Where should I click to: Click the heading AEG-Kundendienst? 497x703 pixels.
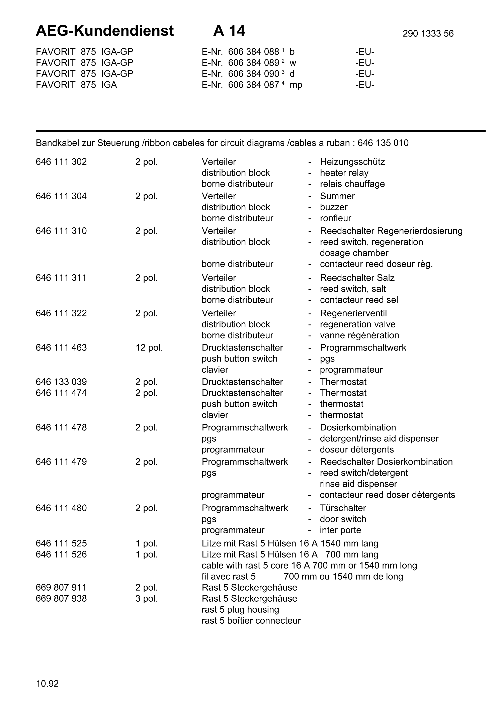point(104,31)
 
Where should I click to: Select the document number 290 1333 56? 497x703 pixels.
point(428,34)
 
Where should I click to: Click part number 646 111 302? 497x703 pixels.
point(61,162)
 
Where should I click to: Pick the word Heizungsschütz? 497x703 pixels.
point(352,162)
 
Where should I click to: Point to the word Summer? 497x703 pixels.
point(337,196)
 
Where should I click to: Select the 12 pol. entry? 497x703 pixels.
point(149,347)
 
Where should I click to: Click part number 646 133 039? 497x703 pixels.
point(61,382)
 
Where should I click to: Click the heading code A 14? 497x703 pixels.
point(229,31)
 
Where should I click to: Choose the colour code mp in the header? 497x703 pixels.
point(296,85)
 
